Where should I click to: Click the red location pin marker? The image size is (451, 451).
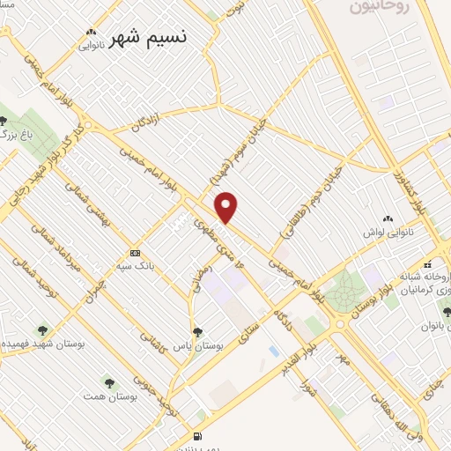[x=227, y=207]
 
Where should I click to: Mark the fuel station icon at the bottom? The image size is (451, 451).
[x=196, y=436]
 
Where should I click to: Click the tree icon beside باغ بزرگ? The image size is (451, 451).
[x=4, y=121]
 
